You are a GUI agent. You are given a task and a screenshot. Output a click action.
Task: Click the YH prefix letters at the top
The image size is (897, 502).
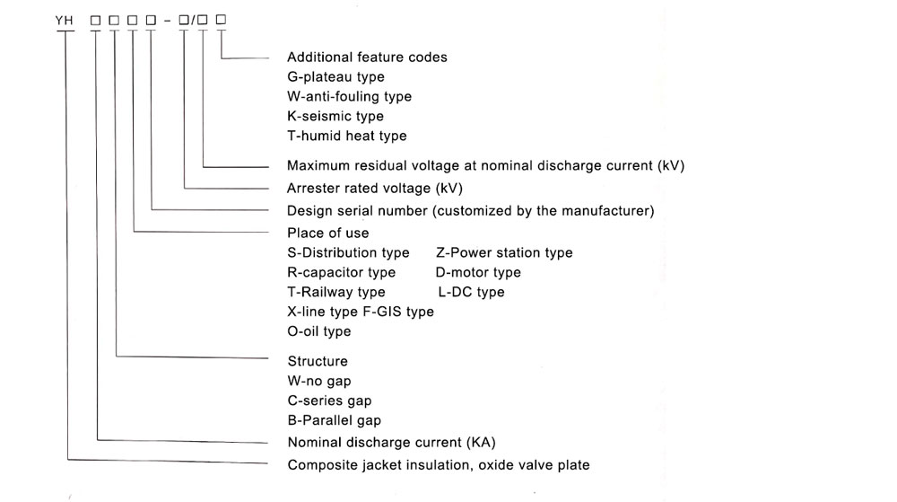coord(64,21)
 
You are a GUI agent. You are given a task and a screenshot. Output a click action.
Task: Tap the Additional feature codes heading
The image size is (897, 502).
coord(367,57)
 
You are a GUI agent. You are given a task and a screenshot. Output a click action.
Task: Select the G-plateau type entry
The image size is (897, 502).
coord(335,77)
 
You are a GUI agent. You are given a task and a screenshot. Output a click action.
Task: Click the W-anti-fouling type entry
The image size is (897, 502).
coord(349,97)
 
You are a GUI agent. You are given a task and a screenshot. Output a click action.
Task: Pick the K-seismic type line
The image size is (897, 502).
coord(335,116)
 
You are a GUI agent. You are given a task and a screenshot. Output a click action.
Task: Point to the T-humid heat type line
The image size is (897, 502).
coord(346,136)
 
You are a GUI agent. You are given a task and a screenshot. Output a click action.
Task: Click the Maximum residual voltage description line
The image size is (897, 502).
coord(485,166)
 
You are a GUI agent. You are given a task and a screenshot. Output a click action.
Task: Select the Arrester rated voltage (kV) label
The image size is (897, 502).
coord(375,189)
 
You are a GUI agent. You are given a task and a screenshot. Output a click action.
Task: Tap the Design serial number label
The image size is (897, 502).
coord(470,211)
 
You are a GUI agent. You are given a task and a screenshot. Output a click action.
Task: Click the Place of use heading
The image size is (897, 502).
coord(327,233)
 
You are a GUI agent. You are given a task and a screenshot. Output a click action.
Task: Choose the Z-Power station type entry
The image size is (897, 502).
coord(504,253)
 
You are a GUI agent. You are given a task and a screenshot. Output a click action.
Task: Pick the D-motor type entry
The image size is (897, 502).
coord(478,272)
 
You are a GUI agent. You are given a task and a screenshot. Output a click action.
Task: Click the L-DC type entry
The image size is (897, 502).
coord(472,292)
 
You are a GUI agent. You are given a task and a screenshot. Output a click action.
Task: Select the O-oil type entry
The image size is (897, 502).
coord(319,331)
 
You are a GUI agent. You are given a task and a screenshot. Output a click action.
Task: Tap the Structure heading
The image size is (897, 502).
coord(318,361)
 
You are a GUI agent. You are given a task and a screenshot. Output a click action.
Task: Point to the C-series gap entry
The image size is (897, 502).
coord(329,401)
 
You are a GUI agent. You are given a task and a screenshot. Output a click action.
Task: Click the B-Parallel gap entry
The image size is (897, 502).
coord(334,420)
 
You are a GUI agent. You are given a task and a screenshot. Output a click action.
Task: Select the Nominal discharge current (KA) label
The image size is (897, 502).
coord(391,443)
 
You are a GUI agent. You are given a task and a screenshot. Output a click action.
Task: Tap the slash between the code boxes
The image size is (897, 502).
coord(194,21)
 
